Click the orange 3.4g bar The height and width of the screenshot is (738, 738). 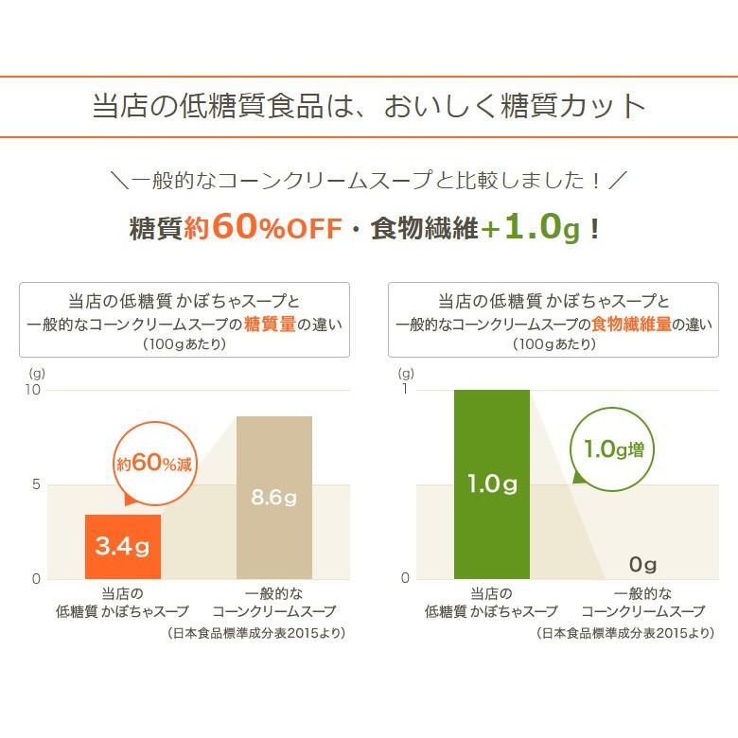123,547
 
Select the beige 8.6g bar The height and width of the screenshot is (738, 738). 273,498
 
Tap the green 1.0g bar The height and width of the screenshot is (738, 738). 491,484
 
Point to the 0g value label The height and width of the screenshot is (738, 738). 642,565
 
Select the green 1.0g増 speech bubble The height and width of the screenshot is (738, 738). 613,448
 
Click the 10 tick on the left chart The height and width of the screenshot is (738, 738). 34,390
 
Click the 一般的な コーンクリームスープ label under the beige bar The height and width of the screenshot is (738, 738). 273,603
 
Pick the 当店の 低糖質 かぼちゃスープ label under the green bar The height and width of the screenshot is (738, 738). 491,603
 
